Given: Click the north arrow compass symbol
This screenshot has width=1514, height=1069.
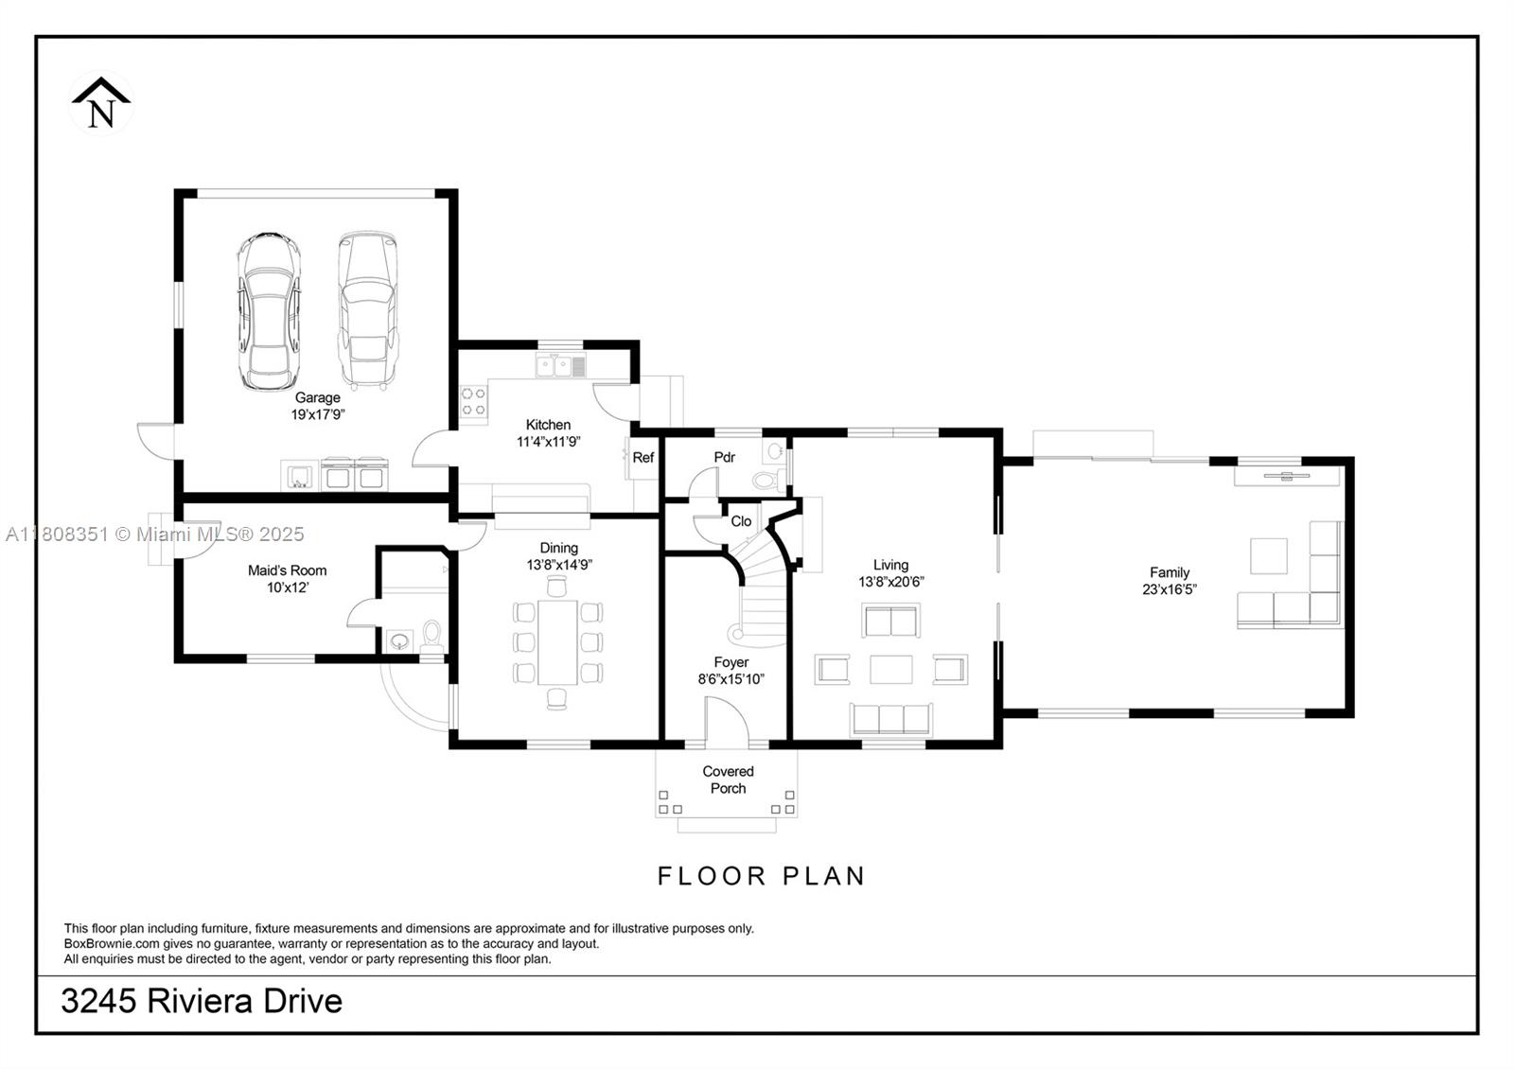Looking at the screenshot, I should (101, 103).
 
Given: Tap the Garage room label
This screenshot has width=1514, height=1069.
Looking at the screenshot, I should (317, 398).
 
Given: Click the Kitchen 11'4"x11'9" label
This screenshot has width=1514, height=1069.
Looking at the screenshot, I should (548, 433).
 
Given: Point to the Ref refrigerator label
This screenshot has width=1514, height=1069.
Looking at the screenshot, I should (643, 458).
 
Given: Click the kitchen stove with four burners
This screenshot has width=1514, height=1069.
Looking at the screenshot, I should (473, 401).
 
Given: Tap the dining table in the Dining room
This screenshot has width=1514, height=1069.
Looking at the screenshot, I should (557, 642).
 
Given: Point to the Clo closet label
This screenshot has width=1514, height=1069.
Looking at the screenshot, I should (741, 521).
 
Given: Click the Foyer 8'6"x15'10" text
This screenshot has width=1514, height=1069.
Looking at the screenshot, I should (731, 671).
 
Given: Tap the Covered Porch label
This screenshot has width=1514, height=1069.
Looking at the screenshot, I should (728, 780).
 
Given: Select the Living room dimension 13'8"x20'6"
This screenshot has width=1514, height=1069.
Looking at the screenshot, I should (890, 582).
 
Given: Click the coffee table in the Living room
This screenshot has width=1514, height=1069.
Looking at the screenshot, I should (890, 669).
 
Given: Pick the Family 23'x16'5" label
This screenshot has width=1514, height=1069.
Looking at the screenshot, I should (1170, 580).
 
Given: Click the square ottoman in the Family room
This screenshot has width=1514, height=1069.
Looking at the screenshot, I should (1268, 555).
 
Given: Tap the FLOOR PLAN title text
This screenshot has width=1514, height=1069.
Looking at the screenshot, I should (762, 876).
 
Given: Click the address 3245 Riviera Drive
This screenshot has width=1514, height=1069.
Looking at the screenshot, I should (202, 1001).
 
